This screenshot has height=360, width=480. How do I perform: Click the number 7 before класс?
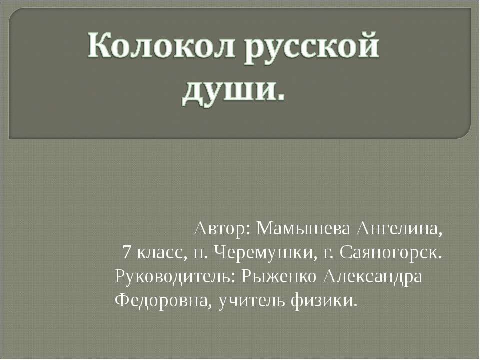pyautogui.click(x=127, y=253)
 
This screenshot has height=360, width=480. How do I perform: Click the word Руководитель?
pyautogui.click(x=175, y=276)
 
